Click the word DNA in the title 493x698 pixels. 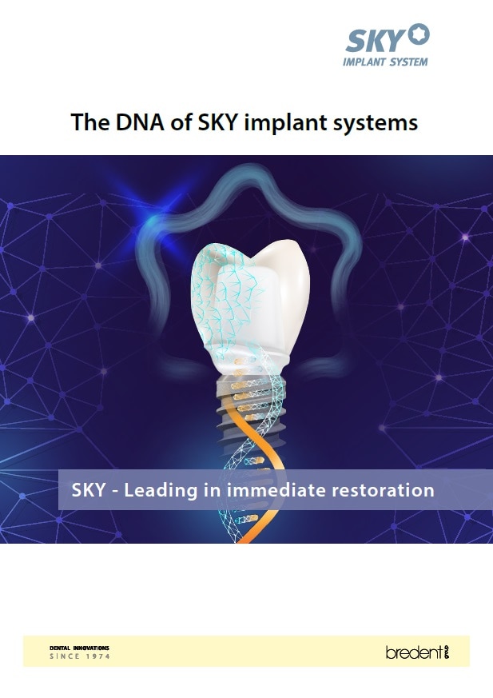coord(140,122)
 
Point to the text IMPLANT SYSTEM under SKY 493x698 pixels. coord(385,62)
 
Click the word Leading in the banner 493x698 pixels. coord(161,491)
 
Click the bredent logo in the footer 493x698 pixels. coord(418,652)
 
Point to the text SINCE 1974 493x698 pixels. coord(80,656)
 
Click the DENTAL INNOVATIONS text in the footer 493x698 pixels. coord(79,648)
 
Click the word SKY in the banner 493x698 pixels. coord(89,490)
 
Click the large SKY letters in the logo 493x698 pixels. coord(375,41)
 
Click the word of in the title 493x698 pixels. coord(181,122)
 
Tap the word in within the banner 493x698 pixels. coord(213,490)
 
